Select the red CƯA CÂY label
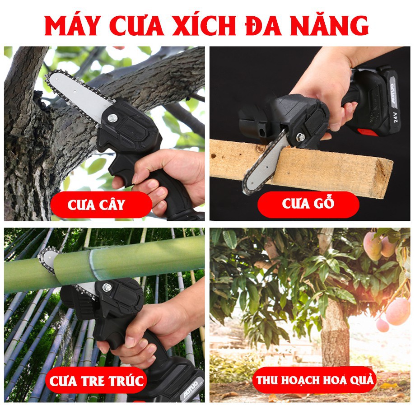pyautogui.click(x=96, y=205)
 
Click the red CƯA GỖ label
pyautogui.click(x=308, y=204)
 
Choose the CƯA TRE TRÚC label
pyautogui.click(x=97, y=381)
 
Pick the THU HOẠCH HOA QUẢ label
pyautogui.click(x=315, y=379)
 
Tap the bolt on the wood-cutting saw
pyautogui.click(x=300, y=137)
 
